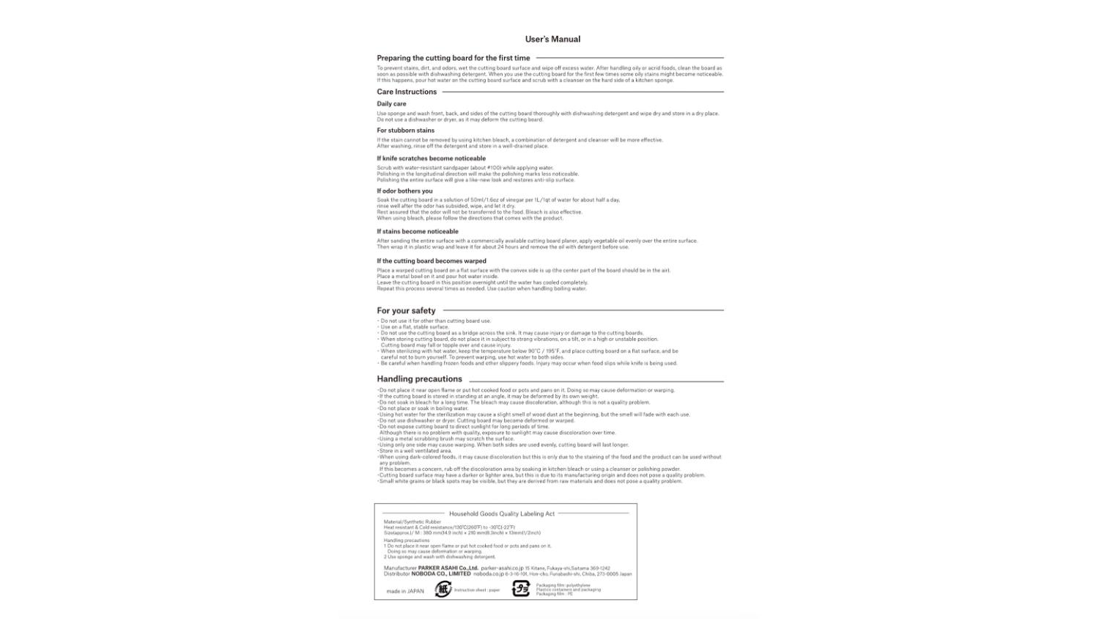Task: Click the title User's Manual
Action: [x=552, y=40]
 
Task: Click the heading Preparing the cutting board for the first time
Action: [x=453, y=58]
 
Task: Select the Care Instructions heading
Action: [x=407, y=92]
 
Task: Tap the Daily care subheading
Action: [x=391, y=104]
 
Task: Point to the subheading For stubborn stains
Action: [x=405, y=131]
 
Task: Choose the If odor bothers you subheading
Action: [x=404, y=191]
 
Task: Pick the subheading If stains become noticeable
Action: [x=418, y=232]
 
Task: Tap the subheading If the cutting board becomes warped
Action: [x=432, y=261]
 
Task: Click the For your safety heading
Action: [x=406, y=311]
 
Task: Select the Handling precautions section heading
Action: [x=419, y=379]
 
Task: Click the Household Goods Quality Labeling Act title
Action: [x=502, y=514]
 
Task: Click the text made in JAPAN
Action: [x=405, y=591]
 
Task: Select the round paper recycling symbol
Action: [x=443, y=589]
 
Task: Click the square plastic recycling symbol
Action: [x=520, y=589]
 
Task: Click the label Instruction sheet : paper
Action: [x=477, y=590]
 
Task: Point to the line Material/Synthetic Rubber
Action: [x=412, y=522]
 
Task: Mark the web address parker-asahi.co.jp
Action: [x=502, y=568]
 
